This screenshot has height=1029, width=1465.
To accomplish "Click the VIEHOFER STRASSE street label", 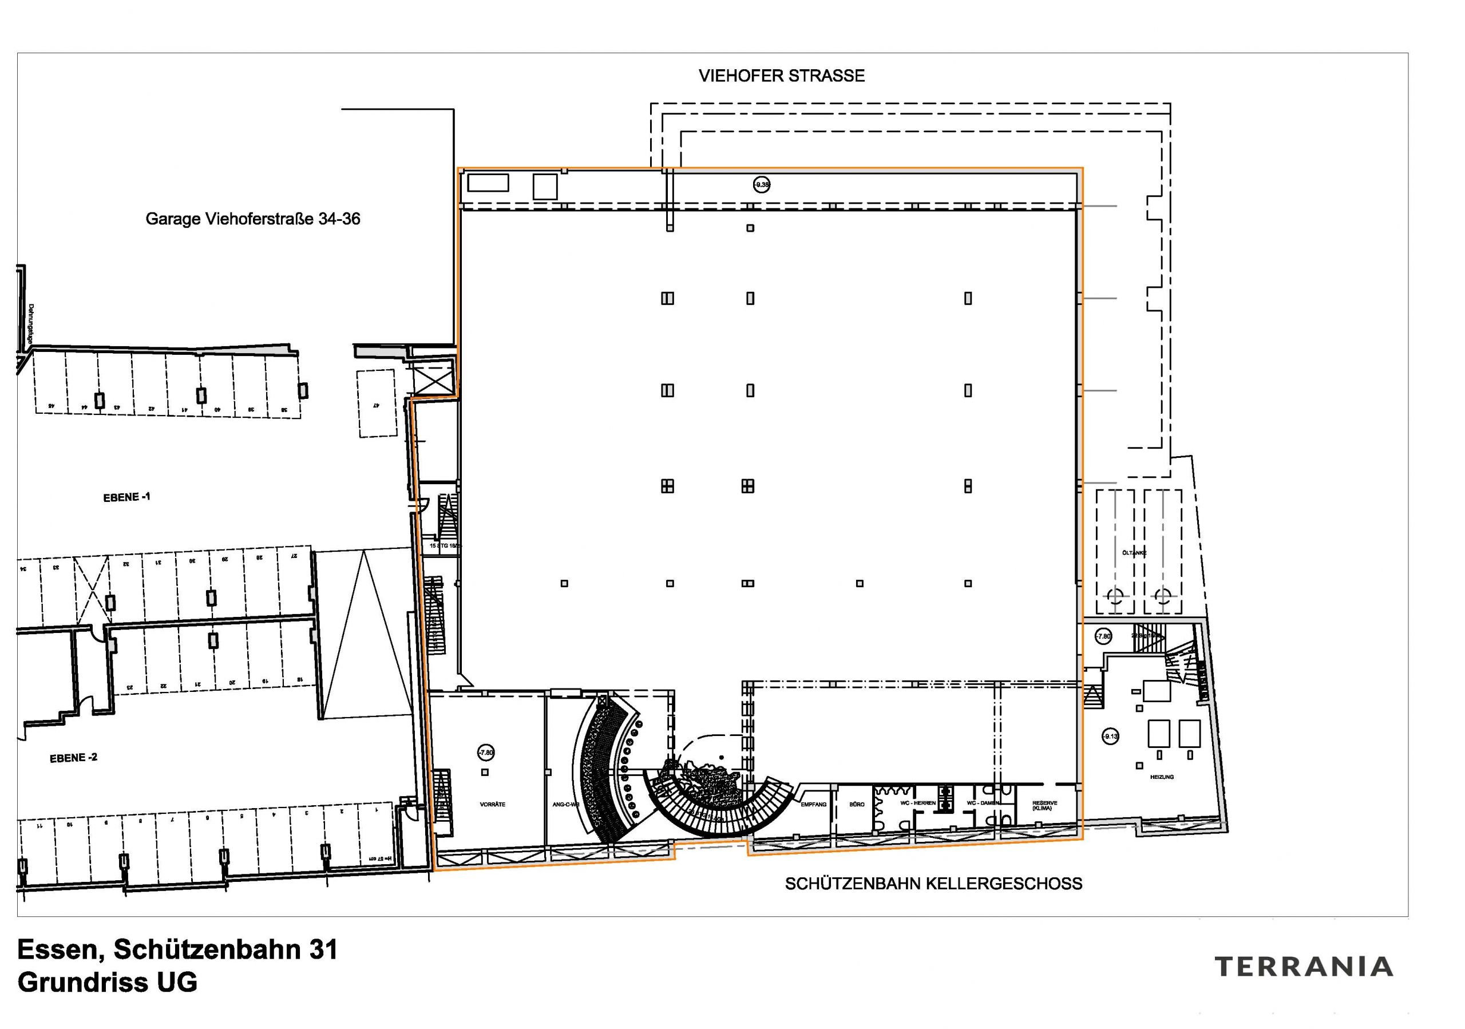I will [x=781, y=76].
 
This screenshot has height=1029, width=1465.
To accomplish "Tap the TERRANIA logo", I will [x=1304, y=967].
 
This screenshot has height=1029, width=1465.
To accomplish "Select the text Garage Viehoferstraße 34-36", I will [x=253, y=219].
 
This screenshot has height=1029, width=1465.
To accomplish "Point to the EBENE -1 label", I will [x=126, y=497].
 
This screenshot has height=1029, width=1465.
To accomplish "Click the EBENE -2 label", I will [x=73, y=758].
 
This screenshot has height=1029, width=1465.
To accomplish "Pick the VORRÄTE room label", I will [x=492, y=805].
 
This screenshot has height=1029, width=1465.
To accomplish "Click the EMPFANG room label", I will [x=814, y=805].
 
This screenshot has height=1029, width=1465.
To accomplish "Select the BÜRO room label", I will [x=856, y=805].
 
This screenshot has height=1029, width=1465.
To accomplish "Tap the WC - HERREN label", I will [x=917, y=803].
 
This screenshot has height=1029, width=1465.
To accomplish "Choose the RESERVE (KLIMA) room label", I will [x=1044, y=806].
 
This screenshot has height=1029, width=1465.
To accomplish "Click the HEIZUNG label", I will [x=1161, y=777].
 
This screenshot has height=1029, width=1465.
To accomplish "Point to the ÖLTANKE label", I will [x=1134, y=553].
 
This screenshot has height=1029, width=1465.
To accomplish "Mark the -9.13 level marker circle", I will [x=1110, y=737].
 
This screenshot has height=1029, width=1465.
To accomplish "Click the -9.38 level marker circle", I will [x=761, y=185].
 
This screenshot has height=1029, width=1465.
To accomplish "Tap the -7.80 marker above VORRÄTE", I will [x=486, y=753].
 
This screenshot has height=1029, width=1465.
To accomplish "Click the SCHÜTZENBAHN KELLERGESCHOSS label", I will [x=933, y=884].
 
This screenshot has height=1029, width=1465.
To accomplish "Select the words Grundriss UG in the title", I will [x=107, y=983].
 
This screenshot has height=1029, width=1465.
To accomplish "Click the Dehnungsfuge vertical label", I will [x=31, y=324].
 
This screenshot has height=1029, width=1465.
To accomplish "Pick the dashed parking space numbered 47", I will [x=377, y=404].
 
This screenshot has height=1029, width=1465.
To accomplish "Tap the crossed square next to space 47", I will [x=432, y=381].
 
